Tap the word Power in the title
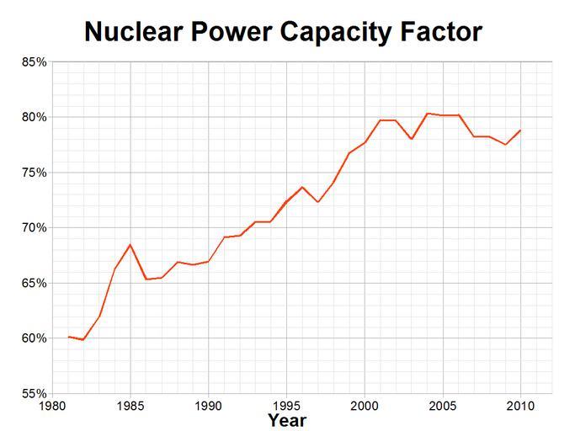pyautogui.click(x=229, y=32)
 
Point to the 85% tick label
pyautogui.click(x=34, y=62)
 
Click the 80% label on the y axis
pyautogui.click(x=34, y=117)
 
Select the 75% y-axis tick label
pyautogui.click(x=34, y=173)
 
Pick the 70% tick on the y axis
pyautogui.click(x=34, y=227)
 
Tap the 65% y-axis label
pyautogui.click(x=34, y=283)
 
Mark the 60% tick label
pyautogui.click(x=34, y=338)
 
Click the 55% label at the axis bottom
pyautogui.click(x=34, y=393)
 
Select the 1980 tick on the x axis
pyautogui.click(x=52, y=407)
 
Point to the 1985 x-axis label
pyautogui.click(x=130, y=407)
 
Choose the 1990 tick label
pyautogui.click(x=208, y=407)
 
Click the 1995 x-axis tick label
pyautogui.click(x=286, y=407)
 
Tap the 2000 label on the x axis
pyautogui.click(x=365, y=407)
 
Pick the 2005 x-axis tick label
pyautogui.click(x=443, y=407)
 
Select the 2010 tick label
pyautogui.click(x=520, y=407)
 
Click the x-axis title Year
pyautogui.click(x=287, y=420)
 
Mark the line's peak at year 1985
pyautogui.click(x=130, y=245)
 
